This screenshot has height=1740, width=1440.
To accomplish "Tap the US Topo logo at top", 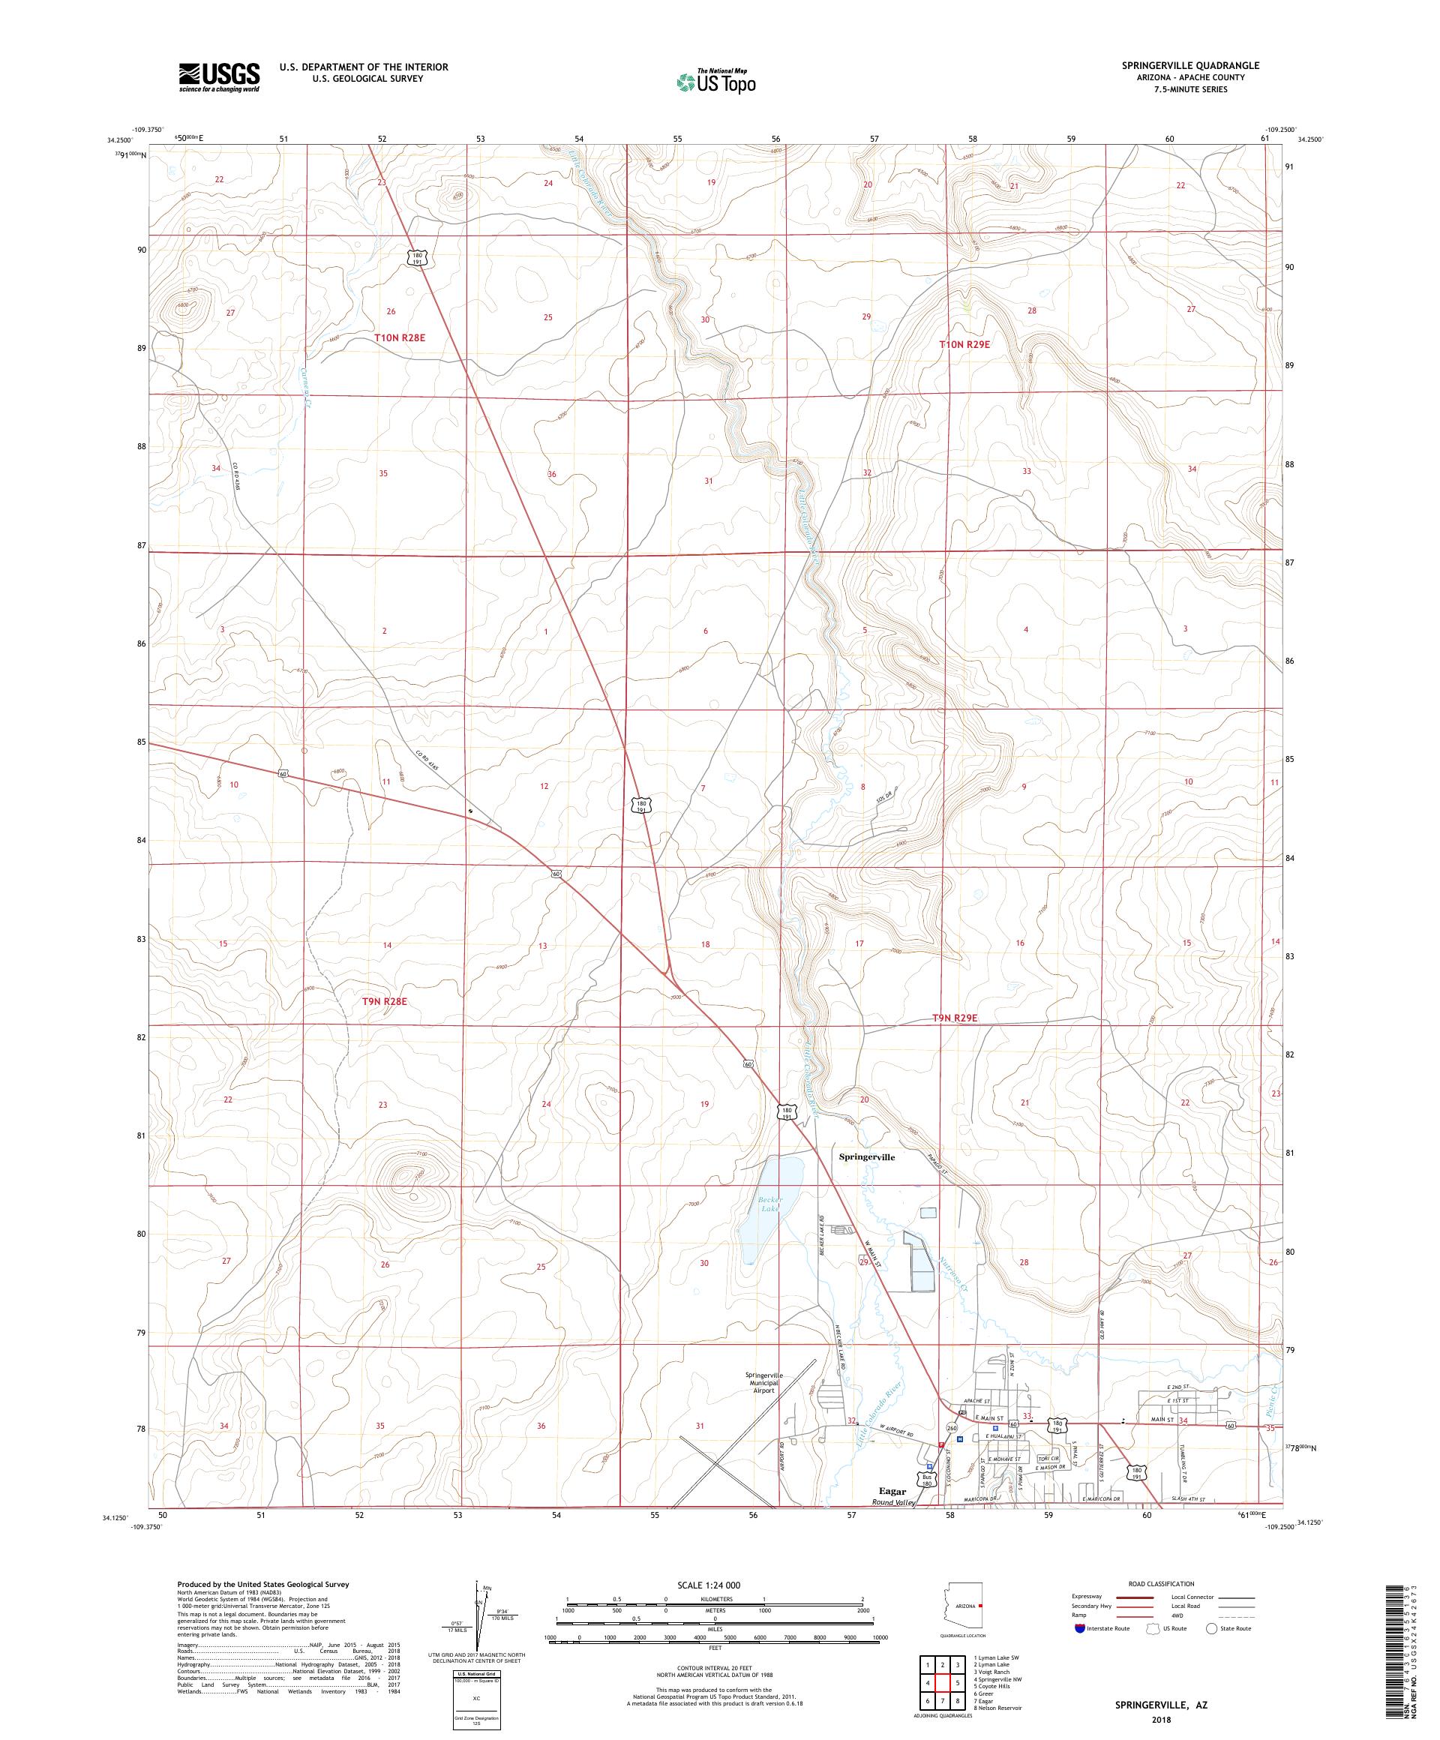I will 718,81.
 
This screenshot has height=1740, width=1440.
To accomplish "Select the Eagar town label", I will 894,1512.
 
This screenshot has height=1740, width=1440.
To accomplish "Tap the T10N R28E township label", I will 405,338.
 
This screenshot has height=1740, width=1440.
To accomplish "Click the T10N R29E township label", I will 964,343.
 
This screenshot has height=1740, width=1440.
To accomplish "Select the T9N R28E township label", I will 385,1001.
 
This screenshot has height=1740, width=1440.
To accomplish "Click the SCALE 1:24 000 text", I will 715,1585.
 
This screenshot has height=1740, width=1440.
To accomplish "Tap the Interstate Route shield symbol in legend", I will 1079,1628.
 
